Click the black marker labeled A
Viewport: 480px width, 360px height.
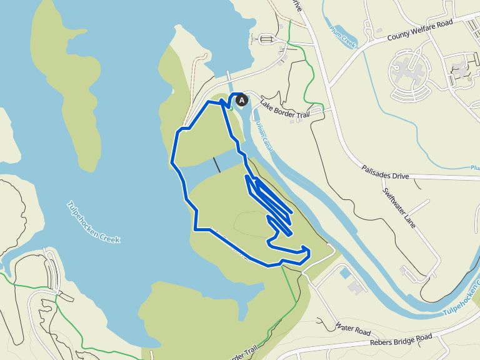(242, 99)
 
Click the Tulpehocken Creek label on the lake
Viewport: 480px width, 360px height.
(93, 222)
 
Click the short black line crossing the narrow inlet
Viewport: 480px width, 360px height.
(216, 165)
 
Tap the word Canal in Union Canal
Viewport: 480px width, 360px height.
(266, 141)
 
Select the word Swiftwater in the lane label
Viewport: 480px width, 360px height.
(394, 200)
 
